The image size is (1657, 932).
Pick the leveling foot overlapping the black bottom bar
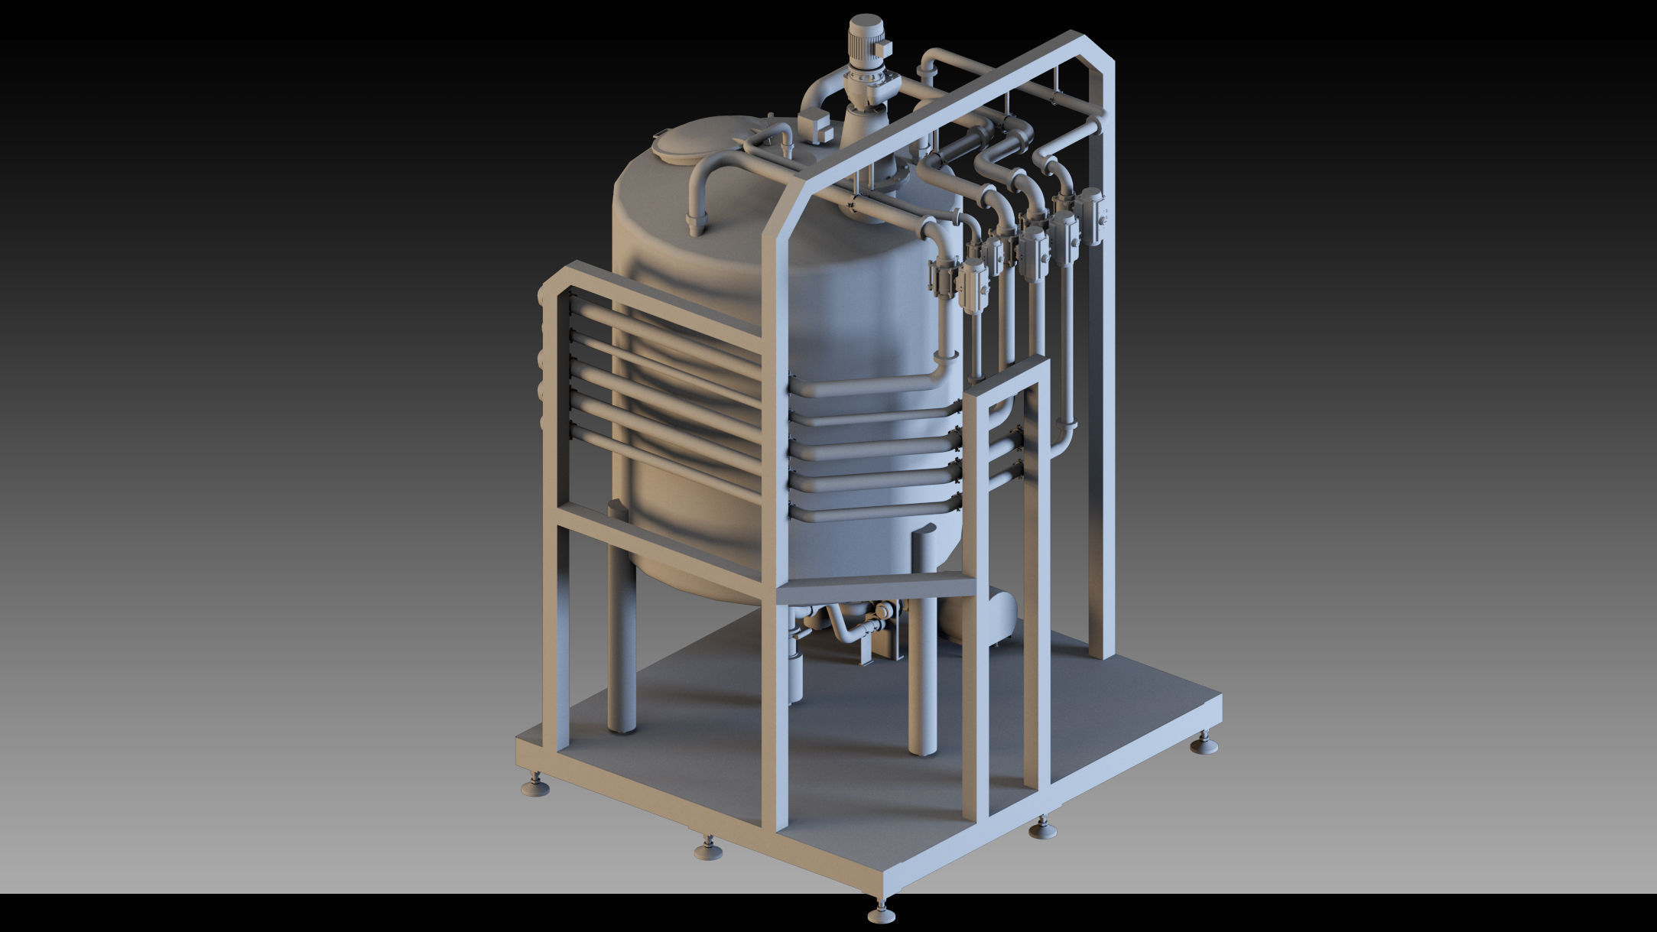point(880,914)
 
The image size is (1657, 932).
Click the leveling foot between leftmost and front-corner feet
point(707,849)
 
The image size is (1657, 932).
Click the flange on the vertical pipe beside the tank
point(945,355)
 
